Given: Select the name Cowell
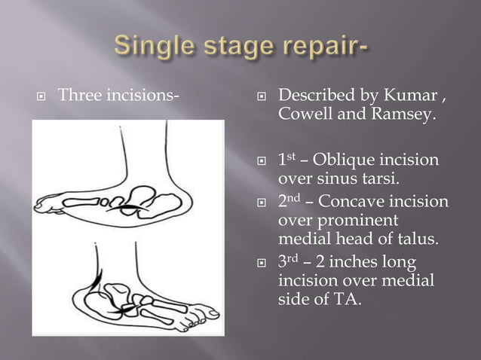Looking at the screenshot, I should pyautogui.click(x=305, y=116).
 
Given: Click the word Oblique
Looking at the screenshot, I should pyautogui.click(x=348, y=161).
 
